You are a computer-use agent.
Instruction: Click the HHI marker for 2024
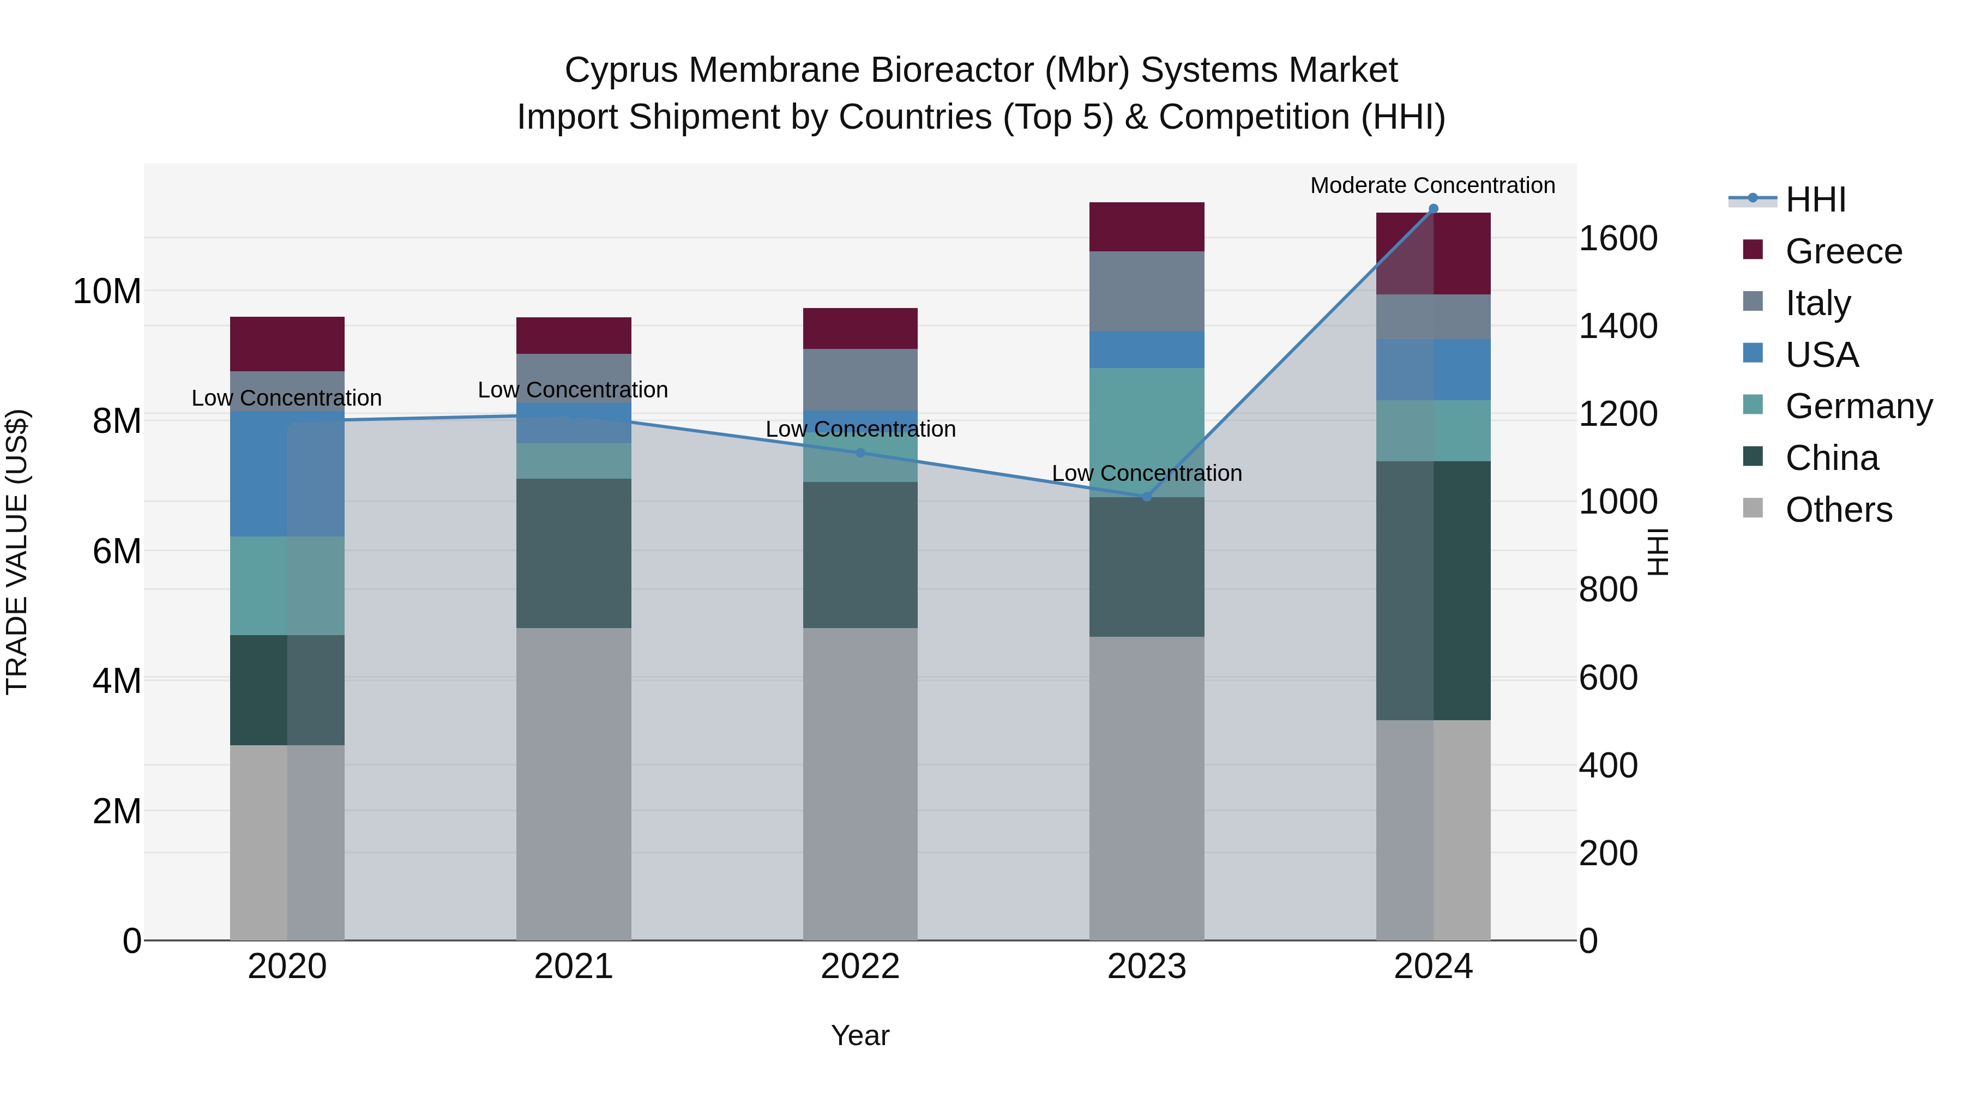point(1432,209)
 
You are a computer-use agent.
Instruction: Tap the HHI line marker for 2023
point(1146,497)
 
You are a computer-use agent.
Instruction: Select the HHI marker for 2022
point(860,453)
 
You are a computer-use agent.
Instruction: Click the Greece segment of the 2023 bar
point(1146,226)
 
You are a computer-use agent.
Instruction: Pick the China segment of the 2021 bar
point(573,553)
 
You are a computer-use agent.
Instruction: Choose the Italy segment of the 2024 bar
point(1432,316)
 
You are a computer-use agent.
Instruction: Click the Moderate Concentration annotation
point(1432,185)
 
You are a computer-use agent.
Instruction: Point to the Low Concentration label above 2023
point(1146,473)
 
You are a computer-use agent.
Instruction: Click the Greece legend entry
point(1842,251)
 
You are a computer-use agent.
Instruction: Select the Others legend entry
point(1838,510)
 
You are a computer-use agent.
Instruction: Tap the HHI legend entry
point(1815,200)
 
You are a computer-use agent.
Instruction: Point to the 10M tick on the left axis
point(107,291)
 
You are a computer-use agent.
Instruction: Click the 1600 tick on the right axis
point(1618,238)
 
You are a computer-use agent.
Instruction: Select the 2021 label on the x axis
point(573,967)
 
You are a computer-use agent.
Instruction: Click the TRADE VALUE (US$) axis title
point(17,552)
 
